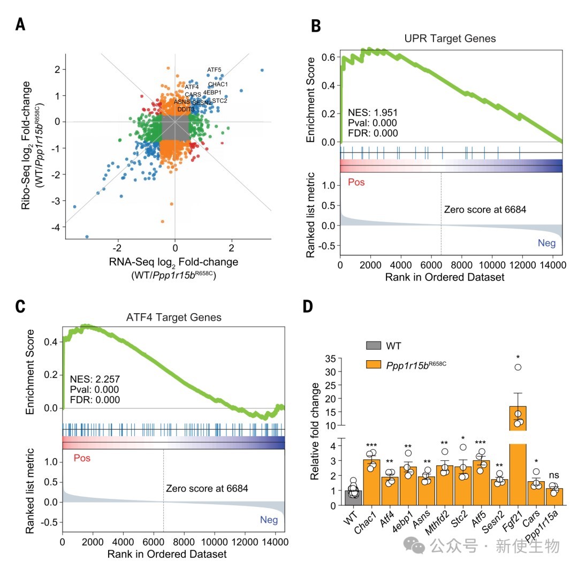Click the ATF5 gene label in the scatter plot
[x=214, y=70]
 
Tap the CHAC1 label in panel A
[x=218, y=84]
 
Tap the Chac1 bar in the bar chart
[x=371, y=482]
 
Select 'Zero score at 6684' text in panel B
[x=485, y=209]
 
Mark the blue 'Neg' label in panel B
[x=546, y=244]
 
